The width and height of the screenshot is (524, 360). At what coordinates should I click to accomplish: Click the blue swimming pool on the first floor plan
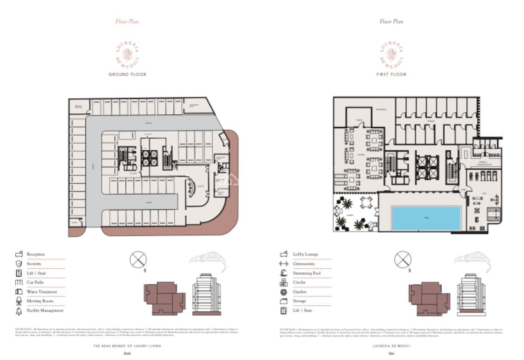click(x=426, y=218)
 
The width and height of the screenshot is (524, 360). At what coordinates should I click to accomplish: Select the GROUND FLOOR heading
click(x=127, y=75)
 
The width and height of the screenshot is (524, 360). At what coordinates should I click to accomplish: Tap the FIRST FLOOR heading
click(x=391, y=75)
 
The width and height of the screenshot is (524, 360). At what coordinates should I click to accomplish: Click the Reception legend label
click(x=35, y=254)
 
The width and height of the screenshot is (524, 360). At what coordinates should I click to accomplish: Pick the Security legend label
click(x=34, y=264)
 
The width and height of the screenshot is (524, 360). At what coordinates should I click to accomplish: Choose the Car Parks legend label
click(x=35, y=282)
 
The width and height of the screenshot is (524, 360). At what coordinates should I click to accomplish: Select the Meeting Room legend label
click(x=40, y=301)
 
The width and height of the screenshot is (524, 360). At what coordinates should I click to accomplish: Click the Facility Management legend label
click(x=45, y=311)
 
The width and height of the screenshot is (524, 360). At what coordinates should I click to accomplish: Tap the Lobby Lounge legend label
click(x=305, y=254)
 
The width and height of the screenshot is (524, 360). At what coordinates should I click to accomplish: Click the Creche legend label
click(x=299, y=283)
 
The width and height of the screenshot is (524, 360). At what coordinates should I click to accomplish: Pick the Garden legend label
click(x=300, y=292)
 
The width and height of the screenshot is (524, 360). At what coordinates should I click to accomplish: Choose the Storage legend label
click(x=300, y=301)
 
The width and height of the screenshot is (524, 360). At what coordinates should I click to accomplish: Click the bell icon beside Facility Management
click(x=19, y=311)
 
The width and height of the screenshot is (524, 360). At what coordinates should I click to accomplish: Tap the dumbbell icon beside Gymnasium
click(x=283, y=264)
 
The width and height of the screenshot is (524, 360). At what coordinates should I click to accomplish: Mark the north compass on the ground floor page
click(x=138, y=260)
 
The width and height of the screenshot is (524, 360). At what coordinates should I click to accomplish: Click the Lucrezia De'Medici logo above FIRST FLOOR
click(x=391, y=54)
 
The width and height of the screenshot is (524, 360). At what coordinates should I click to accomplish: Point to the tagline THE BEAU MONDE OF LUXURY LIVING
click(x=127, y=346)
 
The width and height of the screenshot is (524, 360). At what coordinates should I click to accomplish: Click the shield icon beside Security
click(x=19, y=264)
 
